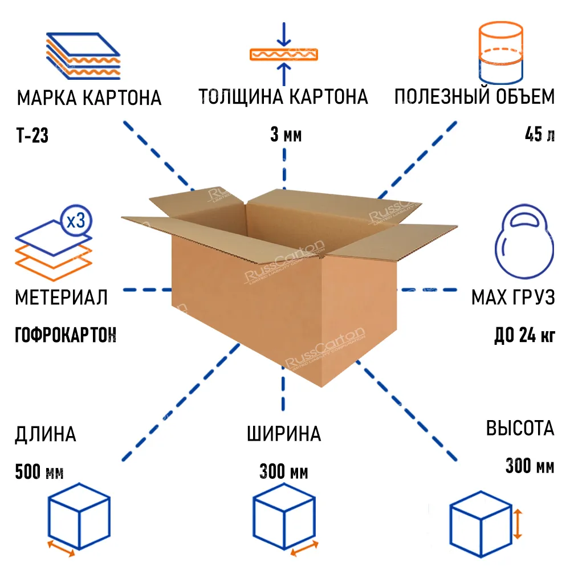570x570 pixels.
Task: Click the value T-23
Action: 32,136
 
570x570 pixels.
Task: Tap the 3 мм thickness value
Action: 286,136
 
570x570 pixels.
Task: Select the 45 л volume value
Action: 539,136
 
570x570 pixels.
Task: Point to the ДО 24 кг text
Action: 524,335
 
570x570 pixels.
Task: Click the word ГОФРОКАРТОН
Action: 65,334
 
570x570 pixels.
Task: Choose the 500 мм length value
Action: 39,472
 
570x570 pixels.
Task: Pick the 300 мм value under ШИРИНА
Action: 284,472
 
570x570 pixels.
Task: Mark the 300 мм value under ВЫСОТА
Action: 530,467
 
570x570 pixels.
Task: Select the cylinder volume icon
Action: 500,53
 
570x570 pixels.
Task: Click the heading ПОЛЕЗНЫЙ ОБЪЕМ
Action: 474,97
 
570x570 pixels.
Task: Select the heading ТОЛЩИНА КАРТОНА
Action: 283,97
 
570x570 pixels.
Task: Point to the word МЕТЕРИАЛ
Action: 61,298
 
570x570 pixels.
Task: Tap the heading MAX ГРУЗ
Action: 512,298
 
